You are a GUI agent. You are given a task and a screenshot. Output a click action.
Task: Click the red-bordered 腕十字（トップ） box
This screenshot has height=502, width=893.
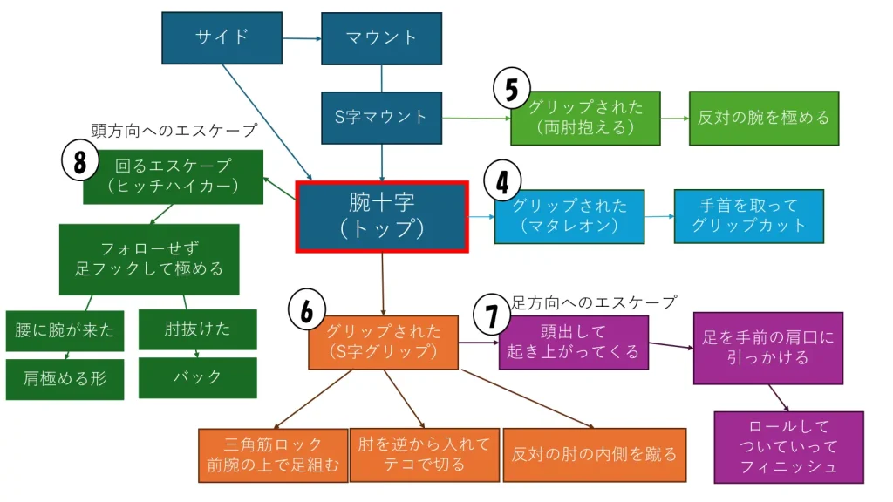point(382,216)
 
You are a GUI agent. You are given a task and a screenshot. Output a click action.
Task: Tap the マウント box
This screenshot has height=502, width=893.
point(381,38)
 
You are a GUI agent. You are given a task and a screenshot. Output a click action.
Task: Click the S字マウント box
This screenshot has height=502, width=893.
point(381,117)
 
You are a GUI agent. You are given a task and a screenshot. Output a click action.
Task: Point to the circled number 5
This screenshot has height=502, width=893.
point(512,89)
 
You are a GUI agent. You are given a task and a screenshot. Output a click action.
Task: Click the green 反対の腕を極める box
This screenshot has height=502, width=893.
point(763,118)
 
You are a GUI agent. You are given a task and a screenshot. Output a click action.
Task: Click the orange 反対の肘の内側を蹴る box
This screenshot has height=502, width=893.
point(594,455)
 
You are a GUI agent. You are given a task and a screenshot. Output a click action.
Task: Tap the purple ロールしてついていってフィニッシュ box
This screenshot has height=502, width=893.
point(788,447)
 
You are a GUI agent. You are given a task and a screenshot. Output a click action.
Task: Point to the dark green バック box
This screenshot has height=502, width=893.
point(197,377)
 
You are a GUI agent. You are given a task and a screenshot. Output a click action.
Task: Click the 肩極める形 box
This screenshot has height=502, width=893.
point(65,379)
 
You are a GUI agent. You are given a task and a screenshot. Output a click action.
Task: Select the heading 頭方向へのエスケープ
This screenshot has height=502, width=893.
point(174,131)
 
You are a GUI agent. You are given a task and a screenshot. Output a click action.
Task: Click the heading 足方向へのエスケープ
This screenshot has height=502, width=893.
point(593,302)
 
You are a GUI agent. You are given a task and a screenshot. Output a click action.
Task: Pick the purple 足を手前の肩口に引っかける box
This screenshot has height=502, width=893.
point(767,348)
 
